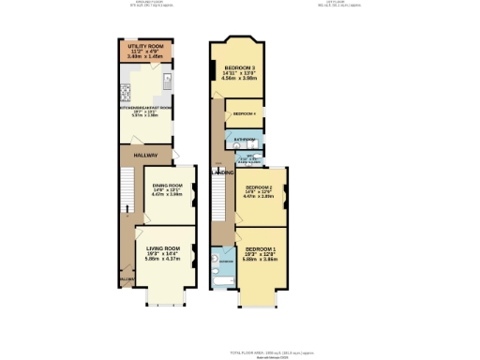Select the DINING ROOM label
click(x=167, y=186)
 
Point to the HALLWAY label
click(x=144, y=157)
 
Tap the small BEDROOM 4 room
click(x=246, y=112)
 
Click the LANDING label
click(x=222, y=172)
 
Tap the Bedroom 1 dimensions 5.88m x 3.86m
click(x=260, y=260)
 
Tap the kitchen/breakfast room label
click(x=144, y=108)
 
